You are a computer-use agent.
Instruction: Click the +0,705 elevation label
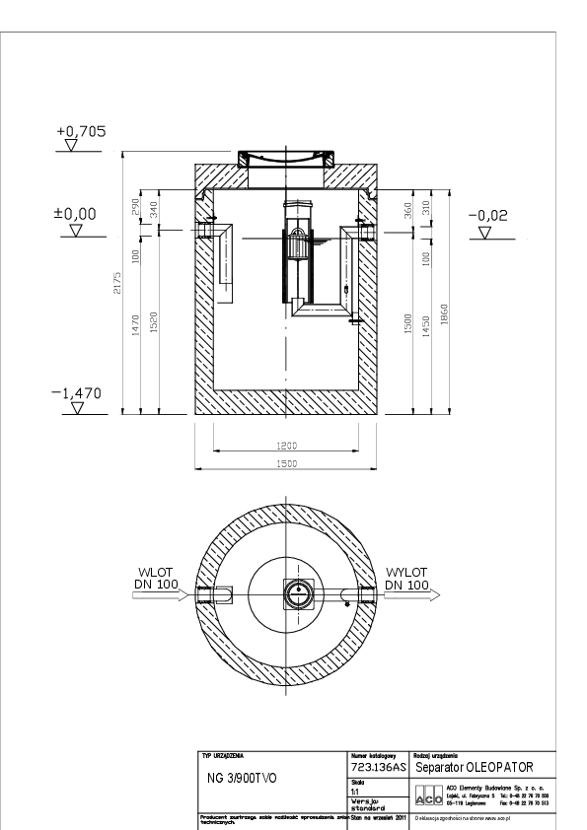click(x=81, y=130)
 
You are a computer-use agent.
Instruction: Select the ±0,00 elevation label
click(x=75, y=213)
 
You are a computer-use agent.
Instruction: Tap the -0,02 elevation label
click(x=488, y=214)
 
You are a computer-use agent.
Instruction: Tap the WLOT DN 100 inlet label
click(x=154, y=578)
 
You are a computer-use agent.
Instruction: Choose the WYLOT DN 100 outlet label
click(x=406, y=578)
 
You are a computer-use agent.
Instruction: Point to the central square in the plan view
click(x=295, y=592)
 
